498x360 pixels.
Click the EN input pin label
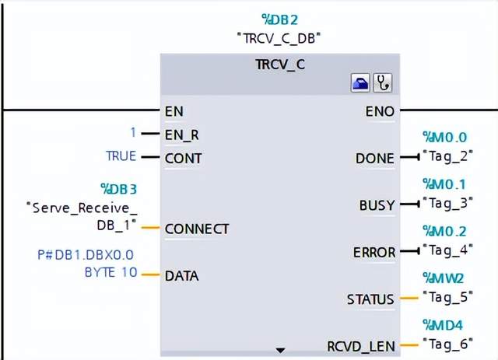[174, 111]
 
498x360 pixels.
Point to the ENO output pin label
[380, 111]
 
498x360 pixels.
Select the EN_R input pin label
[181, 135]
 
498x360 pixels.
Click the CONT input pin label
[183, 158]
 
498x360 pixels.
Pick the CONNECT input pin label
[197, 229]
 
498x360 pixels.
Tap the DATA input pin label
[181, 275]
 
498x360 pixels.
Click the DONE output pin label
[374, 158]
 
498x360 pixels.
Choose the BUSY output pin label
[377, 205]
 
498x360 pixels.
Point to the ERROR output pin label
[374, 252]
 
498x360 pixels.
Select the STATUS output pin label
[370, 299]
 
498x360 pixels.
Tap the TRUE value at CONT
[121, 156]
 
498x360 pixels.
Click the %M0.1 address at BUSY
[444, 183]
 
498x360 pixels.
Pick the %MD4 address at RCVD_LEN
[444, 324]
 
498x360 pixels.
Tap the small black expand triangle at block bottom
[280, 351]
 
